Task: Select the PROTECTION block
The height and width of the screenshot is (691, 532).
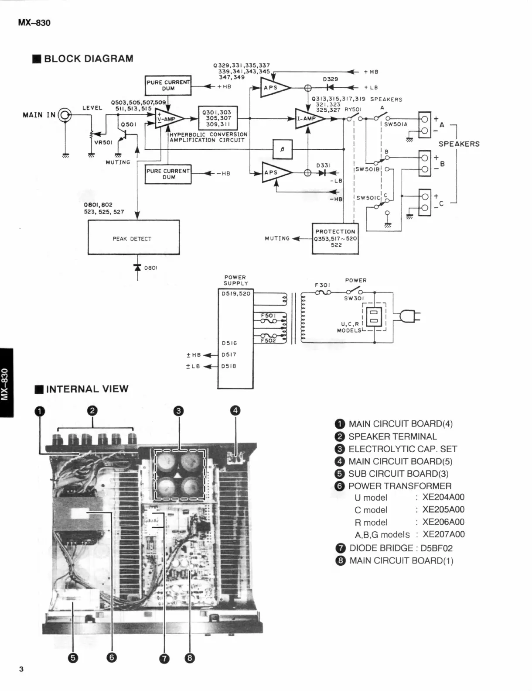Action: (x=335, y=238)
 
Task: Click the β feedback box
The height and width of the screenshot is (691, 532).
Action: (x=282, y=149)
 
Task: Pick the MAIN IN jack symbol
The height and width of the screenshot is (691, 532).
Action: (x=65, y=115)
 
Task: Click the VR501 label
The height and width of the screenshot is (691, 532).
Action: (x=103, y=142)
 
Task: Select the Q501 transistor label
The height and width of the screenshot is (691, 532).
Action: (x=129, y=124)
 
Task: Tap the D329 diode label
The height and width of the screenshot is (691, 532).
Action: (x=330, y=79)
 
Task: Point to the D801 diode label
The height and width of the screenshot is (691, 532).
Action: (x=150, y=268)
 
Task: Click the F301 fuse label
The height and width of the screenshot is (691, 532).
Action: (x=323, y=285)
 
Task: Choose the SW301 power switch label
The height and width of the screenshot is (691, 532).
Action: (x=354, y=299)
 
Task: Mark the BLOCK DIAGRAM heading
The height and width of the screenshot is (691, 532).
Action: (x=88, y=58)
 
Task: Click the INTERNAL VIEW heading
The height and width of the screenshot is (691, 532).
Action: (x=87, y=389)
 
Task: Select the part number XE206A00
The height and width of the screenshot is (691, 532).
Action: (x=443, y=522)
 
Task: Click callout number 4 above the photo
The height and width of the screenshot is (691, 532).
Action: (x=235, y=410)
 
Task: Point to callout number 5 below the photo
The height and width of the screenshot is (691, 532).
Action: (x=73, y=658)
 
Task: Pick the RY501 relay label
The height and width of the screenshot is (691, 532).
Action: (x=353, y=110)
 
